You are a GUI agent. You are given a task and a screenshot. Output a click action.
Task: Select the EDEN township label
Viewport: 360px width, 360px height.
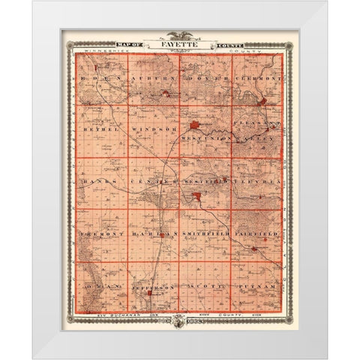95,77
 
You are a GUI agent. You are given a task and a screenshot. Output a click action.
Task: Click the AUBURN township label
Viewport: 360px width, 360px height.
153,78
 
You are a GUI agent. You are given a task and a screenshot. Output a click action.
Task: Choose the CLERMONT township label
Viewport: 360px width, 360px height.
257,78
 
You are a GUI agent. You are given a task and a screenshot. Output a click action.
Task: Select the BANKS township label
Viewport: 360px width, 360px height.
95,181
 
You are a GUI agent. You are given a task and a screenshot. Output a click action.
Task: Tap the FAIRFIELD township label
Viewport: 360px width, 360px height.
257,233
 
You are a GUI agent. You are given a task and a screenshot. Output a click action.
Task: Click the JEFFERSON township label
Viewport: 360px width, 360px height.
154,286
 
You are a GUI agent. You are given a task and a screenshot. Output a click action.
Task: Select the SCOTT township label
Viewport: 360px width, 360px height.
204,286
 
